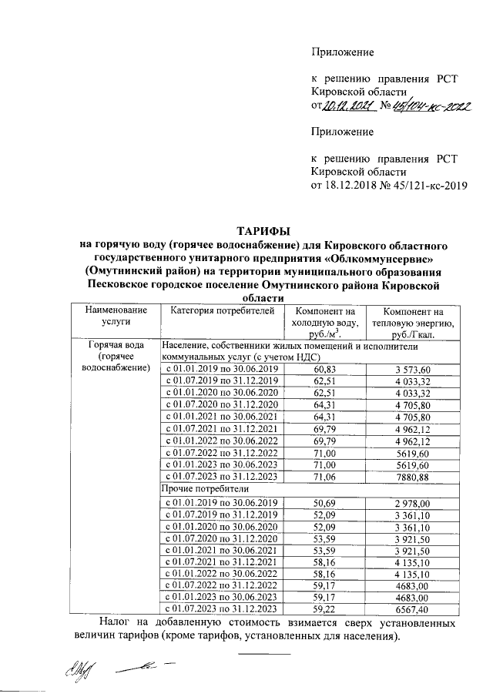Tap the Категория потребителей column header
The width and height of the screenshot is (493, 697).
tap(222, 311)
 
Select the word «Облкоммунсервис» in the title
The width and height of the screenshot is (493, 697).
tap(394, 258)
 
